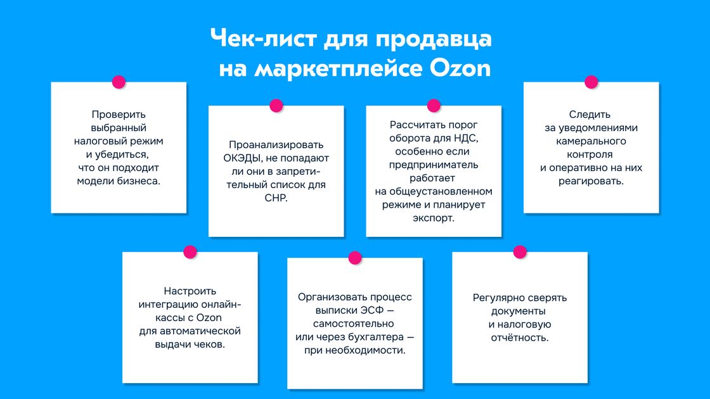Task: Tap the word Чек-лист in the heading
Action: (x=264, y=38)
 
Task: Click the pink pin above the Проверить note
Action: (x=119, y=82)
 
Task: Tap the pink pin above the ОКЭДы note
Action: (x=276, y=105)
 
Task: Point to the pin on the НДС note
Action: (x=434, y=105)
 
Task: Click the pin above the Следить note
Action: (x=591, y=82)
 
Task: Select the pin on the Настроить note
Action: (x=190, y=252)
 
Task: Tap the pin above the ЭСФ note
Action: (x=355, y=258)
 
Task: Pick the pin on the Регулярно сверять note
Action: (x=520, y=252)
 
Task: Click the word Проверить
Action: (x=119, y=115)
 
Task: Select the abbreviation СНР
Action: (x=275, y=198)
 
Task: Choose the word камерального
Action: (x=591, y=141)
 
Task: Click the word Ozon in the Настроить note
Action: (x=209, y=317)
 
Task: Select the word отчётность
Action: (x=520, y=338)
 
